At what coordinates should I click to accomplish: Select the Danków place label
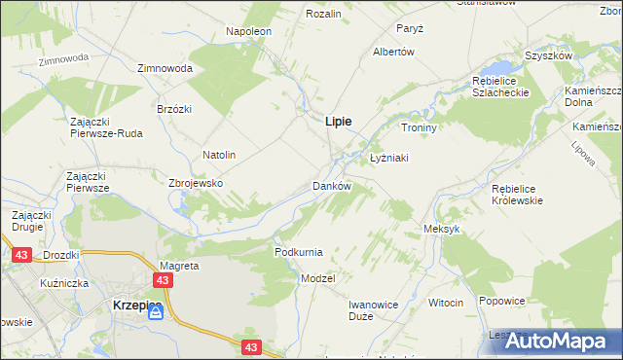coord(331,185)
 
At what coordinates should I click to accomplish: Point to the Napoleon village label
coord(249,31)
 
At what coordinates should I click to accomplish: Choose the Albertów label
coord(394,52)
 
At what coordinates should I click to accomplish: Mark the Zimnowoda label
coord(165,69)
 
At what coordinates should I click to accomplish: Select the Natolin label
coord(219,155)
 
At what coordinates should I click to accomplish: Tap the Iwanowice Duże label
coord(374,310)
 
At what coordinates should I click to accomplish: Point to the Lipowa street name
coord(583,153)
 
